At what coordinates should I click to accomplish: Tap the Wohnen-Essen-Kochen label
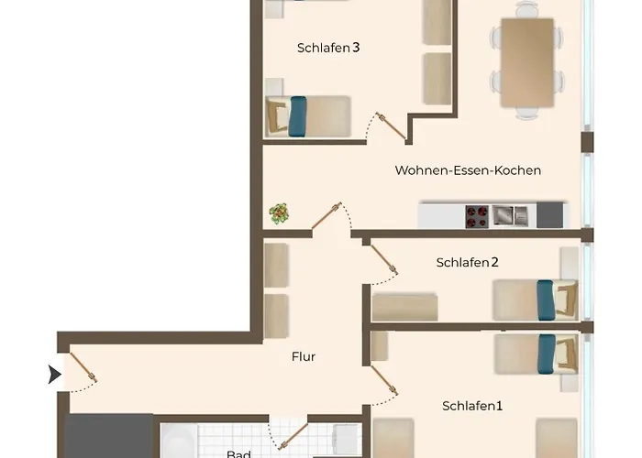(468, 170)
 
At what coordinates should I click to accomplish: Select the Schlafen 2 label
(467, 263)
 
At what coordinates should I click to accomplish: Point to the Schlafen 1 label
(472, 406)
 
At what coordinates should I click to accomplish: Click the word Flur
(303, 356)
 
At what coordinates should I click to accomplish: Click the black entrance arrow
(54, 374)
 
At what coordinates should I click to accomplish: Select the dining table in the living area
(526, 62)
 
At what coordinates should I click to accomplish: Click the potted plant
(279, 214)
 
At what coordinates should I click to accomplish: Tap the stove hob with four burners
(476, 216)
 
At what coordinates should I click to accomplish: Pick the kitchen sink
(509, 216)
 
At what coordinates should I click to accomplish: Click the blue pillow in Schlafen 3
(297, 116)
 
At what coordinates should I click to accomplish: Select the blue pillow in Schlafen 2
(546, 300)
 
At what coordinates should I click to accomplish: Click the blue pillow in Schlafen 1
(548, 354)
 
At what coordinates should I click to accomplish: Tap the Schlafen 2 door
(383, 261)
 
